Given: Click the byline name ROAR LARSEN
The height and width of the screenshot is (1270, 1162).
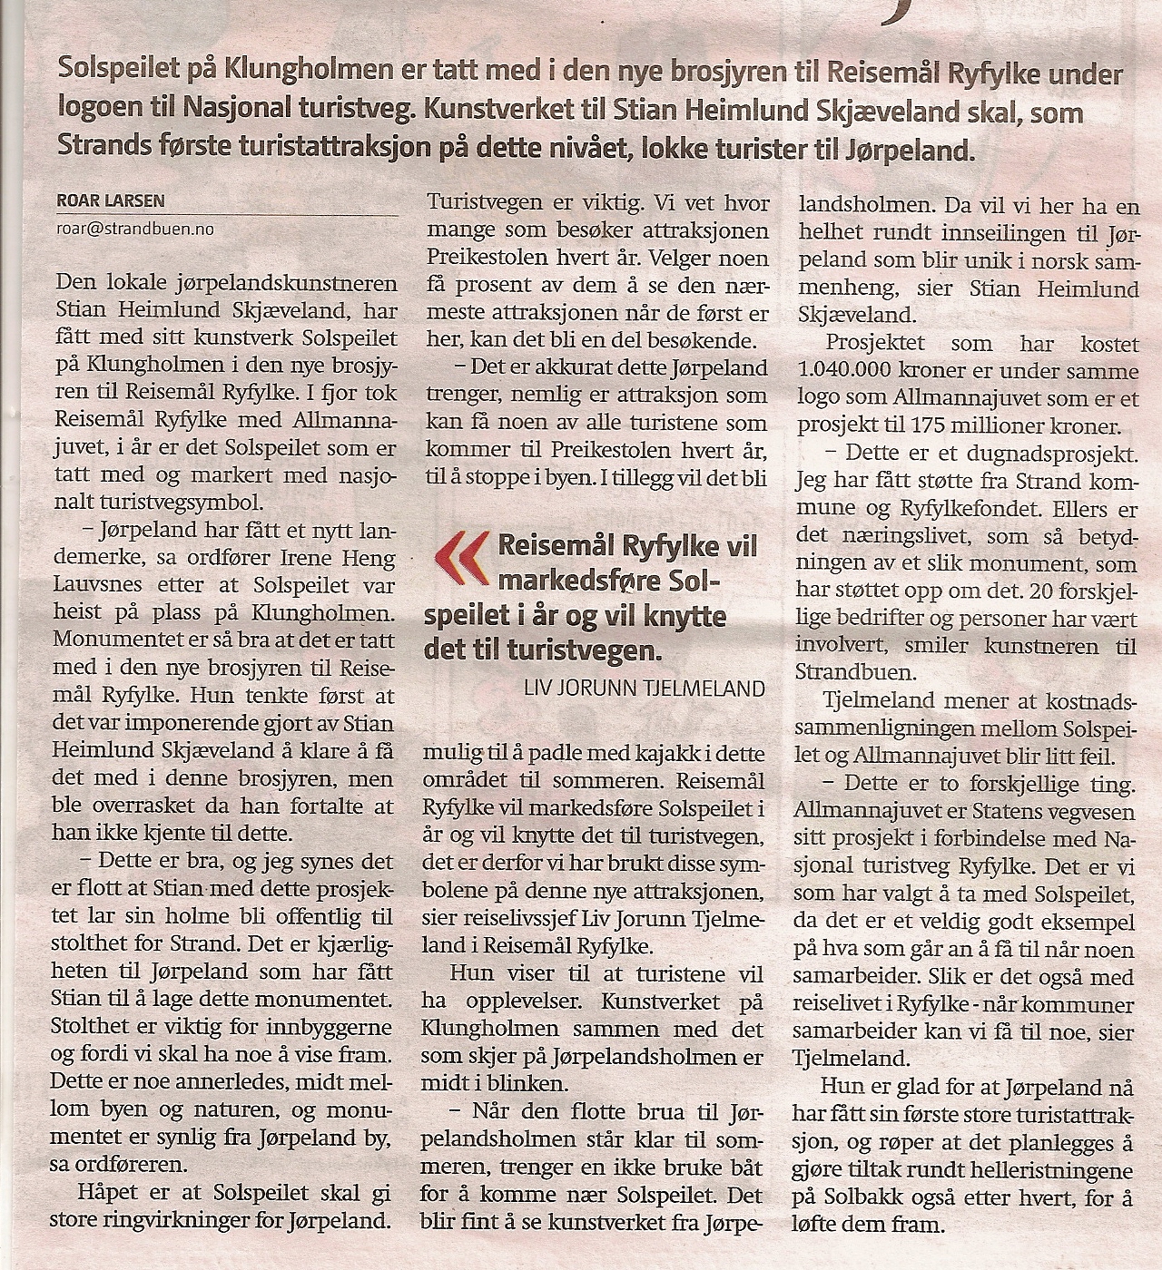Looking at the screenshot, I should click(111, 201).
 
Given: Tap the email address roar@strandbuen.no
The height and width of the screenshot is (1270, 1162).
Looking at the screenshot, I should click(135, 229).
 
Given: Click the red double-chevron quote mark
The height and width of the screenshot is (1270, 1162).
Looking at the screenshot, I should click(460, 556).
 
